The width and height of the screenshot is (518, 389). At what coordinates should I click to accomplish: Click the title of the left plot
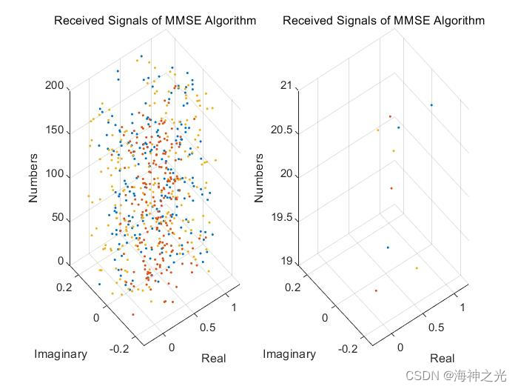click(155, 21)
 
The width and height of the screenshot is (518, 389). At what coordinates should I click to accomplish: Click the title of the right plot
click(383, 21)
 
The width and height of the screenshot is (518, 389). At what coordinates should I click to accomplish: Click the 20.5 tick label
click(281, 131)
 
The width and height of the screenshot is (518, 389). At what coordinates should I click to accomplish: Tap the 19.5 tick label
click(281, 219)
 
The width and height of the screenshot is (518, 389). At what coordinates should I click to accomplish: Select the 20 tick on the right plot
click(286, 175)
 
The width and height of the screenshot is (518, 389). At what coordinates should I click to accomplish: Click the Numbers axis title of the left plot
click(33, 178)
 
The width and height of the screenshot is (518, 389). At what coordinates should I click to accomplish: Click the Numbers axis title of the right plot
click(259, 178)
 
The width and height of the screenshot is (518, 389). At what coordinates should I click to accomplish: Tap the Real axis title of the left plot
click(214, 359)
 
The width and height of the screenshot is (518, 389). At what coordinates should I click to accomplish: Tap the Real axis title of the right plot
click(443, 359)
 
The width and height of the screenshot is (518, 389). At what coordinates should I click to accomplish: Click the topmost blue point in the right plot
click(431, 105)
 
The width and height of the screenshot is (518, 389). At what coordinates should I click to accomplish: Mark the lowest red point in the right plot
click(376, 290)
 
